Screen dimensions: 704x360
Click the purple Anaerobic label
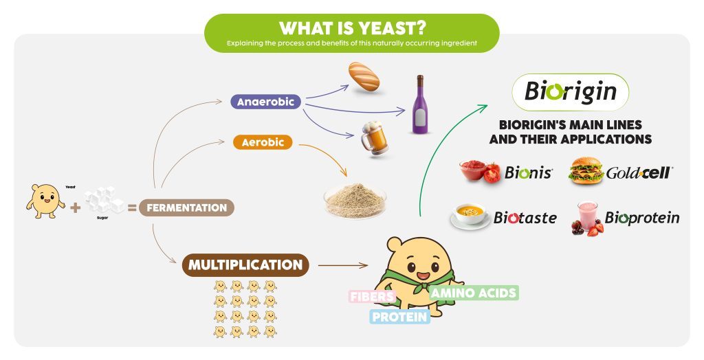coord(265,102)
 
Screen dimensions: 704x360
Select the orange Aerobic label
coord(263,142)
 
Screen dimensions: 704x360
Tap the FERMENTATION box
coord(186,208)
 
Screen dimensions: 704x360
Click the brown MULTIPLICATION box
coord(245,265)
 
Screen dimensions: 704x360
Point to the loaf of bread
coord(364,77)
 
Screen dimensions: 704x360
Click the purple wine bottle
coord(420,104)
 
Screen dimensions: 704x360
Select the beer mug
coord(375,137)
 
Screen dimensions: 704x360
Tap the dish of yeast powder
coord(355,201)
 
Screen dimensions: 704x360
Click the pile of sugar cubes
coord(104,200)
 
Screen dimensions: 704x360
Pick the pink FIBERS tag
coord(373,297)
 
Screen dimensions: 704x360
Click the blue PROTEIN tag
coord(399,317)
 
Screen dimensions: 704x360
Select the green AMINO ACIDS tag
coord(474,293)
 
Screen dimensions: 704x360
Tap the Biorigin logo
coord(570,92)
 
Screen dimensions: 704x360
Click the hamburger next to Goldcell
coord(586,170)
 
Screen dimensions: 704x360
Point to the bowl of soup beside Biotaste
coord(470,216)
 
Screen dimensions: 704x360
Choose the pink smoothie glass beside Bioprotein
coord(587,218)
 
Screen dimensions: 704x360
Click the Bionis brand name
coord(529,172)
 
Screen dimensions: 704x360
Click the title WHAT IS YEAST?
coord(353,28)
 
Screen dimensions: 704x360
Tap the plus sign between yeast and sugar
coord(76,207)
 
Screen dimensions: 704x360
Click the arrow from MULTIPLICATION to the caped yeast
coord(343,265)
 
